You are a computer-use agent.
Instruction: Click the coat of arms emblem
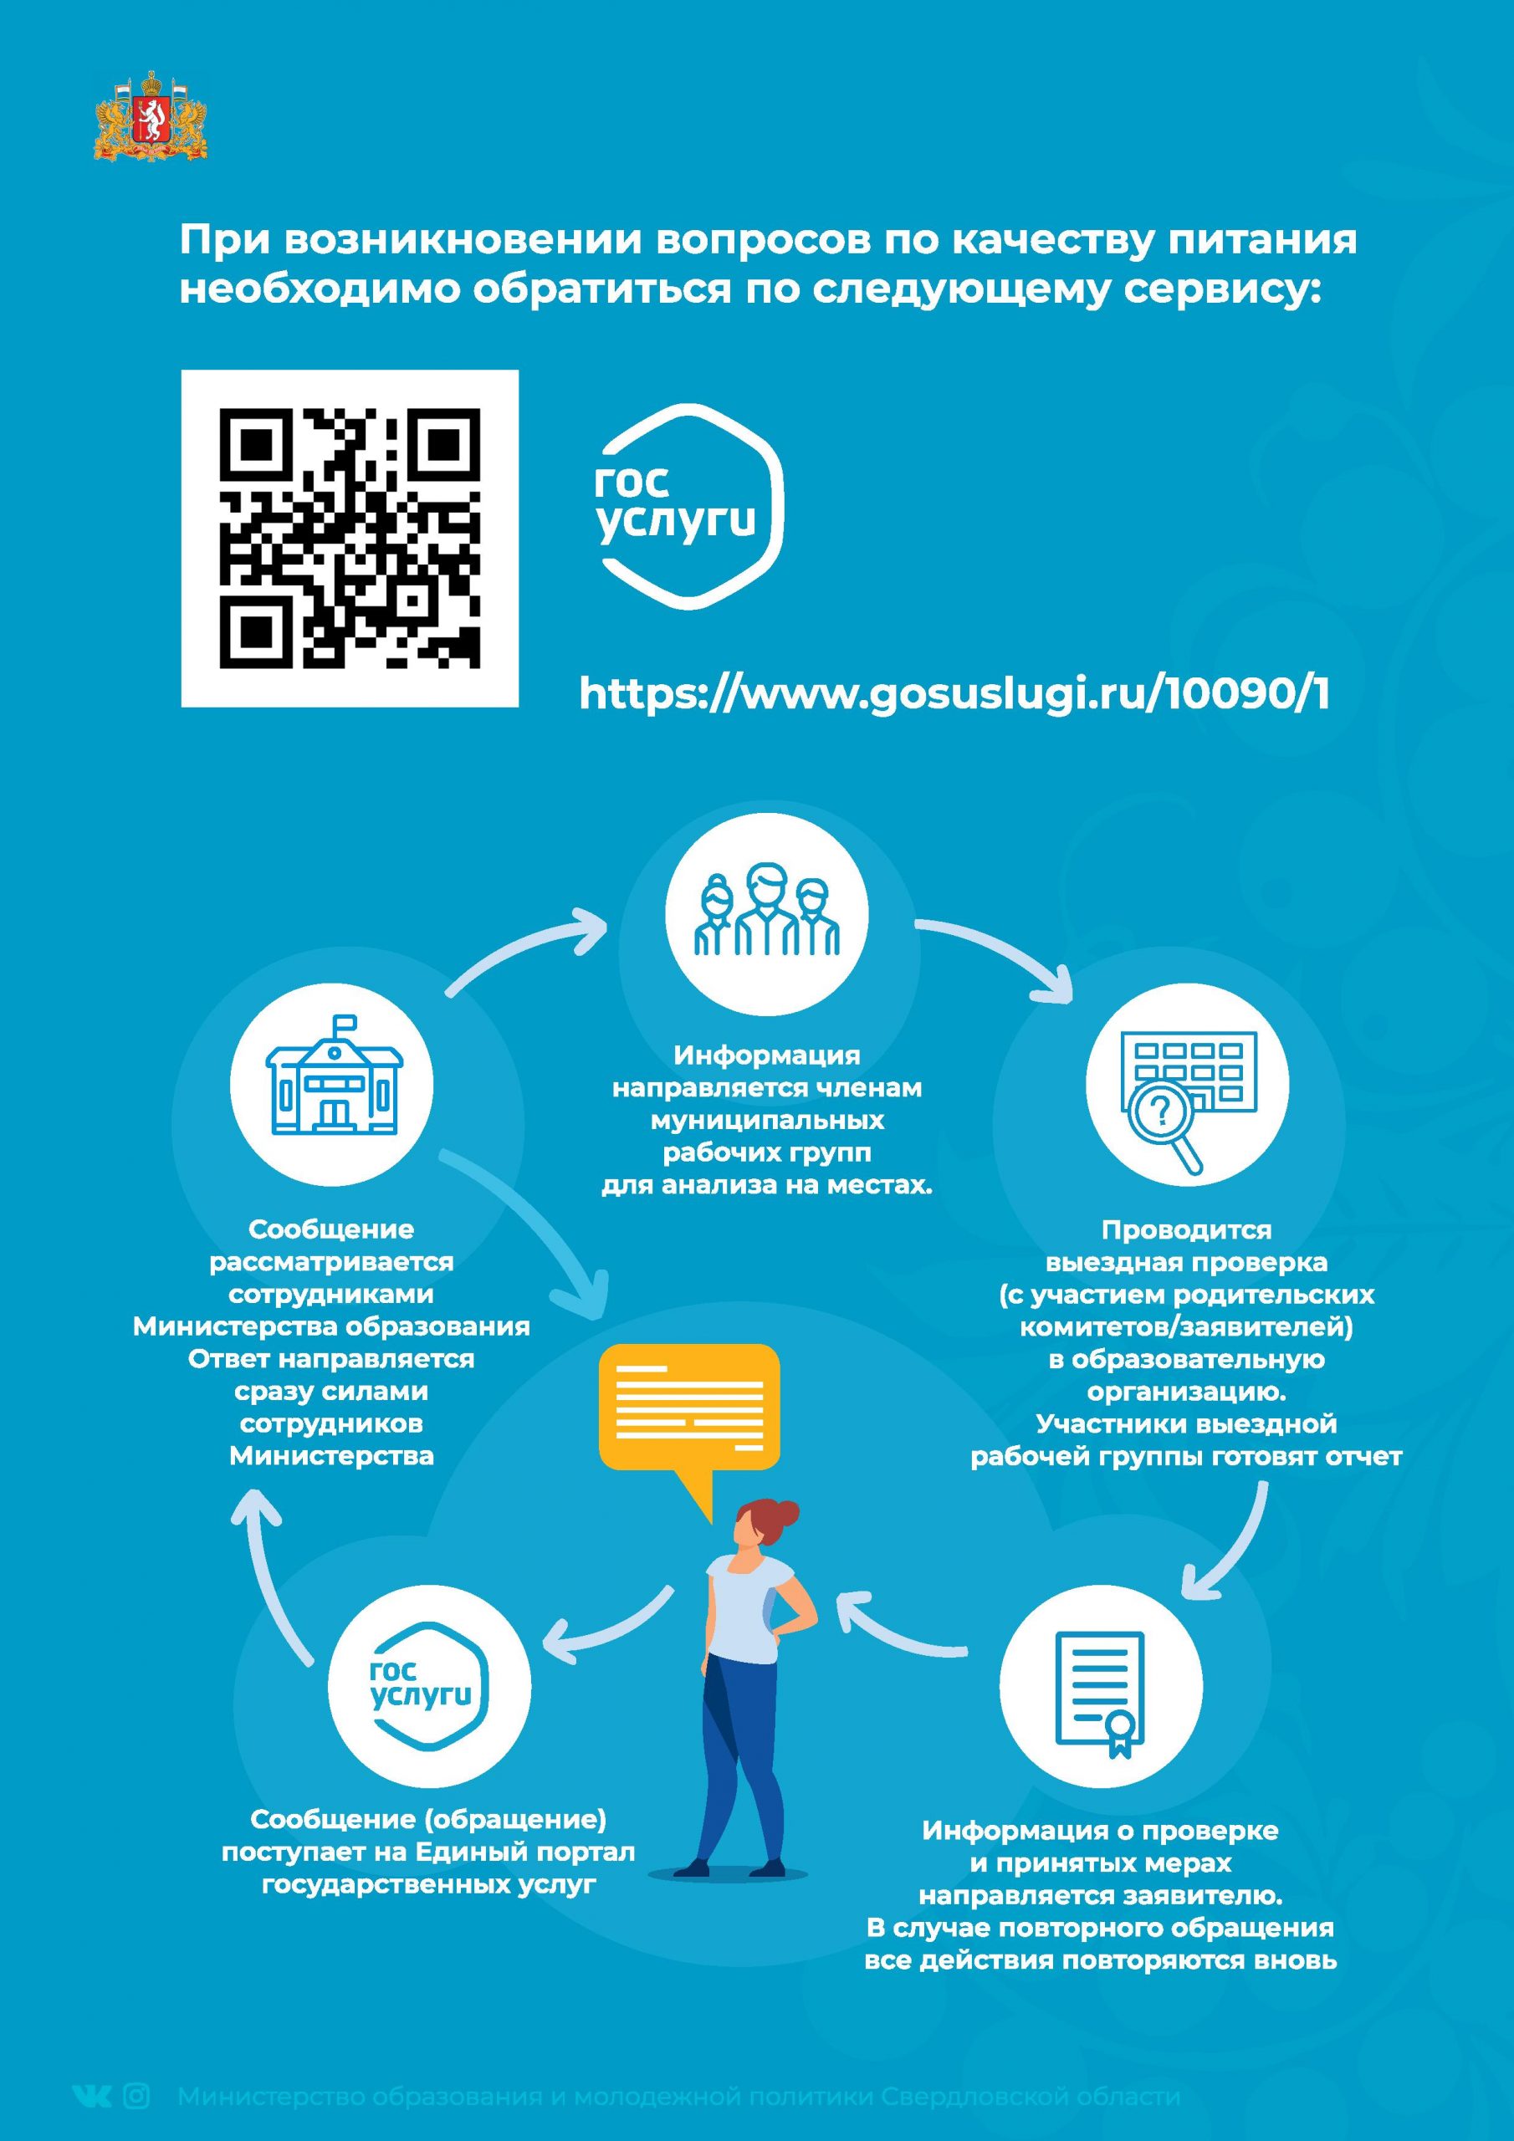[x=151, y=115]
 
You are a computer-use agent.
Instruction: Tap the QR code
[x=350, y=538]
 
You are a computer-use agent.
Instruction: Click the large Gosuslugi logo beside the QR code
[x=689, y=506]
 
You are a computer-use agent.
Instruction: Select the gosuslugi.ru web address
[x=954, y=695]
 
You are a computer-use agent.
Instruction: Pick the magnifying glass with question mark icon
[x=1165, y=1122]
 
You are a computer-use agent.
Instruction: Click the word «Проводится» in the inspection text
[x=1185, y=1230]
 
